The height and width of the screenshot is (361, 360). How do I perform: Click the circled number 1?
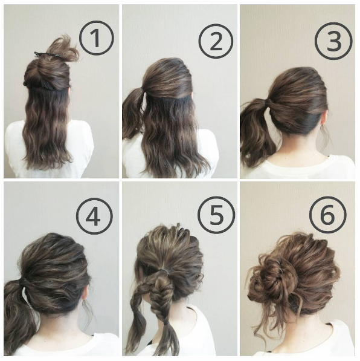(97, 38)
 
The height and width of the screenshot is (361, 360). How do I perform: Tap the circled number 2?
(216, 42)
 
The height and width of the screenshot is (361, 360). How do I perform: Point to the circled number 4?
(94, 216)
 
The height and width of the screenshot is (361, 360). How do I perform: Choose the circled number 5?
(216, 215)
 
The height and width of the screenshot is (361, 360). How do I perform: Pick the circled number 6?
(328, 215)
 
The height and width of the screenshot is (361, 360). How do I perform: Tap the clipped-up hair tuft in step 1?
(62, 50)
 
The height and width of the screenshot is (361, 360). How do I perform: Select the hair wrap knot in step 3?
(268, 102)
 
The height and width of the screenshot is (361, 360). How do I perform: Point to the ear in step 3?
(324, 117)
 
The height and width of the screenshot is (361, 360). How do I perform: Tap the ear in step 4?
(85, 291)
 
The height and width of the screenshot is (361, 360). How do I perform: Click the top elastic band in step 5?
(165, 270)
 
